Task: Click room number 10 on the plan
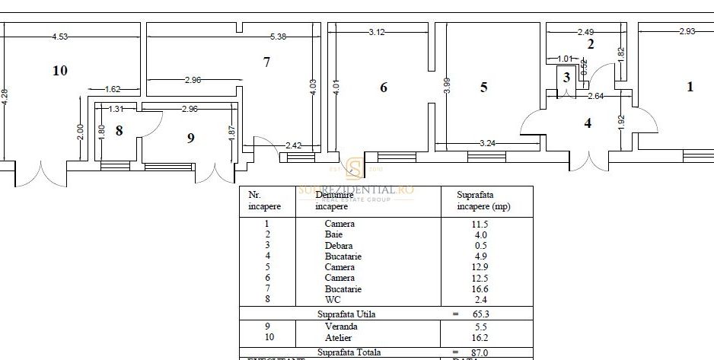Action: [60, 71]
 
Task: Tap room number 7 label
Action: [266, 62]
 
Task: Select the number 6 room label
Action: [384, 88]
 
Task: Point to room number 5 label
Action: [483, 88]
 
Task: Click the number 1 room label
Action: [690, 87]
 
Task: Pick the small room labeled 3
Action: [566, 77]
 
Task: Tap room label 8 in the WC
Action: [119, 130]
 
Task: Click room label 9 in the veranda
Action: [190, 138]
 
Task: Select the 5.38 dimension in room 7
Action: [279, 36]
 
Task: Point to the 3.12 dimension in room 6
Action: [377, 32]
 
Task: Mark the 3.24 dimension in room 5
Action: [489, 142]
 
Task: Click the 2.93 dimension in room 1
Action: [688, 32]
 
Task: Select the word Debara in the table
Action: [339, 246]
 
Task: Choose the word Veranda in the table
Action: [340, 327]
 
